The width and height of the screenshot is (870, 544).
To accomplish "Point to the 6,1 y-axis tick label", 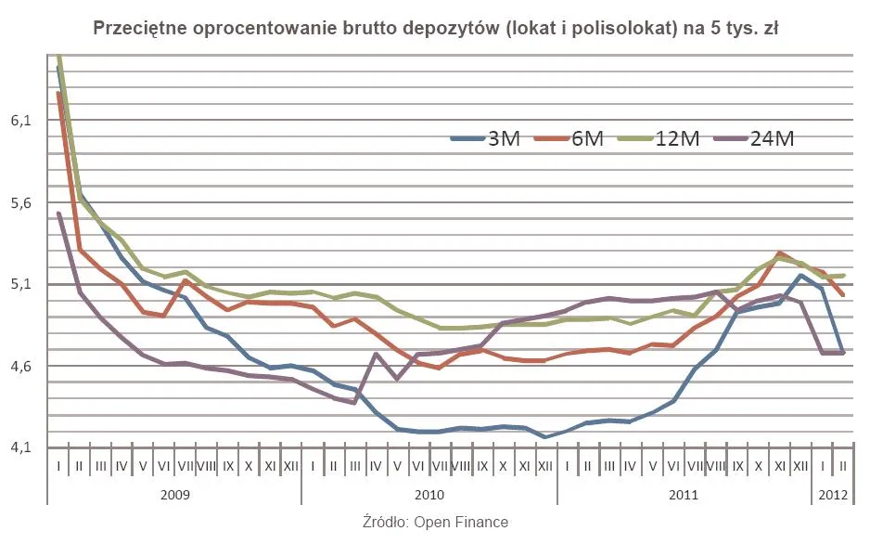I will click(x=22, y=121).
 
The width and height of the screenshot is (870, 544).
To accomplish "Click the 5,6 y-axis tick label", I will click(x=22, y=202).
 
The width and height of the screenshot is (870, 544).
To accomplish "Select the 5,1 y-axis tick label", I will click(x=22, y=284).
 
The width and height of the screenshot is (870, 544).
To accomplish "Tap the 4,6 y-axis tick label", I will click(x=22, y=366).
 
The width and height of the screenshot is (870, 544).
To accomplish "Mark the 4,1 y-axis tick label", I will click(x=22, y=447).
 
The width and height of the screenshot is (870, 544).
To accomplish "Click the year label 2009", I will click(x=174, y=495).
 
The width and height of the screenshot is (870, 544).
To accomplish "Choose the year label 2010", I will click(x=429, y=495).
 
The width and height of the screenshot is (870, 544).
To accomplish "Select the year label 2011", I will click(x=685, y=495).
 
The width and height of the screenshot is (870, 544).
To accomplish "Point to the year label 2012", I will click(x=832, y=495).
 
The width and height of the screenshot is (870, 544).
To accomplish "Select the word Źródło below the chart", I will click(x=384, y=523).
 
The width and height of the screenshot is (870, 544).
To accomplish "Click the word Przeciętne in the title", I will click(x=137, y=29).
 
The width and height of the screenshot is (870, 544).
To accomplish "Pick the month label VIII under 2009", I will click(x=207, y=465).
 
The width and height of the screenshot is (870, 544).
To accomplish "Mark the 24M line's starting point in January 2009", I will click(x=58, y=214).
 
